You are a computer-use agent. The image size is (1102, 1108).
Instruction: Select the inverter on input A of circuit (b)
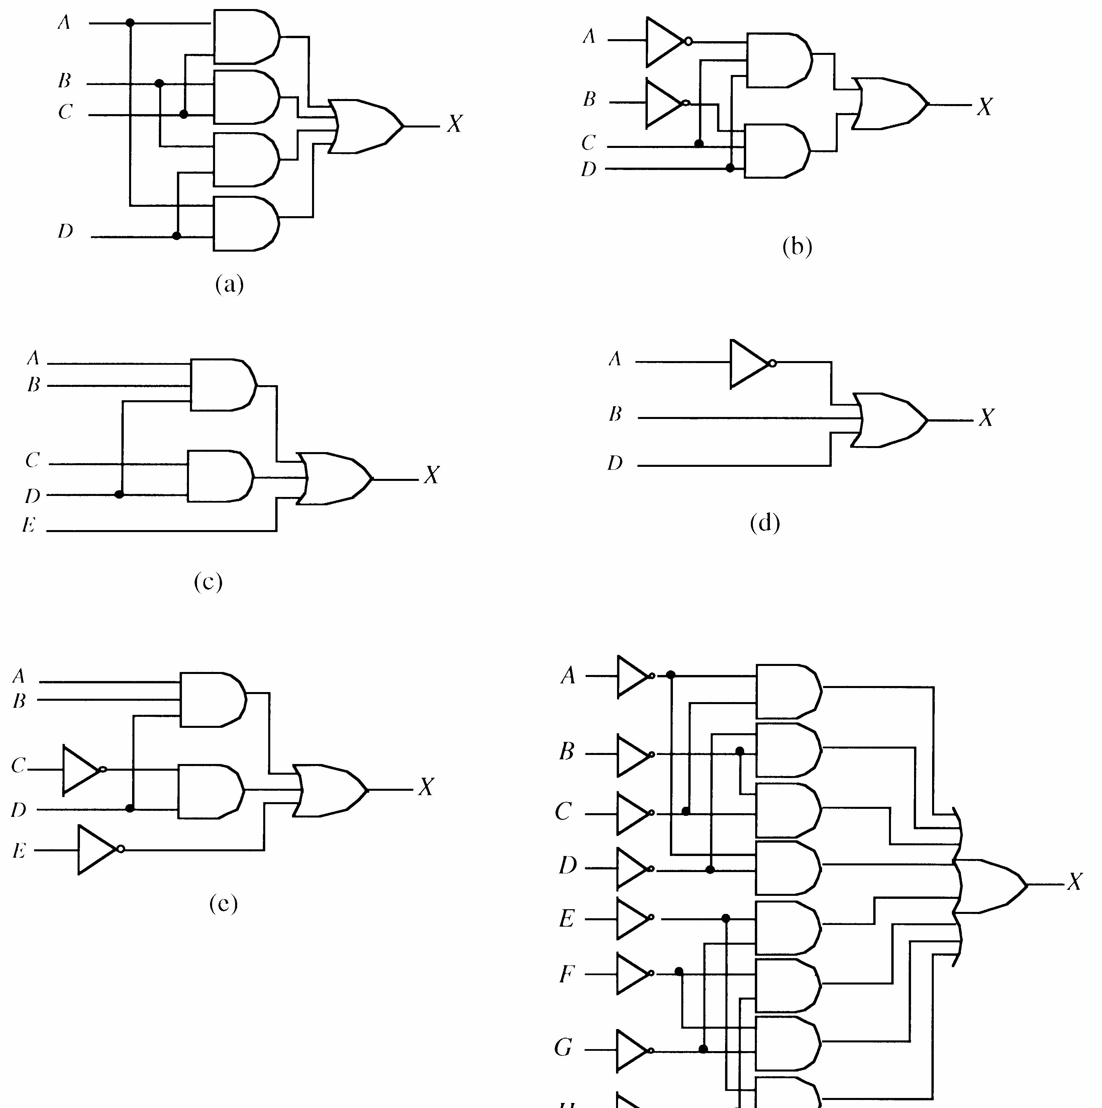point(665,41)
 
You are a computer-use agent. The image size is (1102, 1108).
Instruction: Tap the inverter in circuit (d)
point(749,364)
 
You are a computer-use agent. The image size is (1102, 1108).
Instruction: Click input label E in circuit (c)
point(29,525)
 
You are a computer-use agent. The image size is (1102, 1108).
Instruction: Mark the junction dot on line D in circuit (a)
point(177,236)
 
